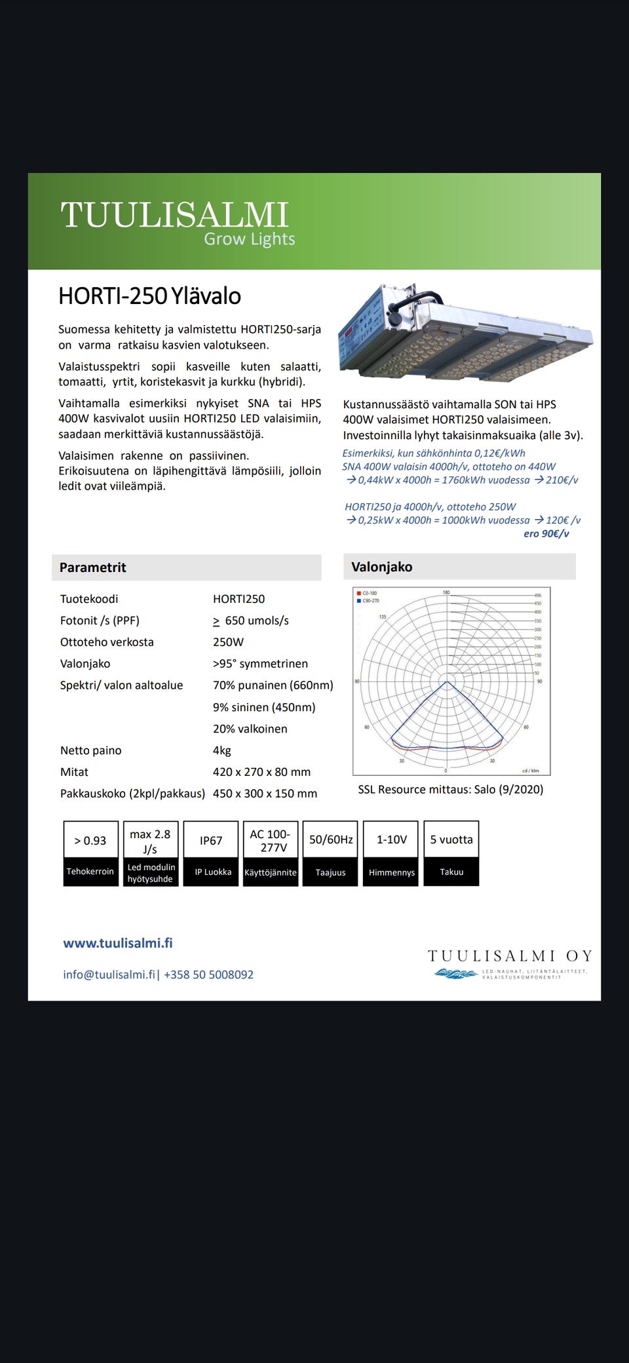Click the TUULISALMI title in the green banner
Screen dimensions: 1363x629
point(174,214)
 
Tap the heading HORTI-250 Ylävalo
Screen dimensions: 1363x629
point(149,296)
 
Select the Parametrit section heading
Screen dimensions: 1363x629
point(93,567)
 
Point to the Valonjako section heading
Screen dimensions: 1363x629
point(382,567)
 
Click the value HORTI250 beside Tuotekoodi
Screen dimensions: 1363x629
point(238,599)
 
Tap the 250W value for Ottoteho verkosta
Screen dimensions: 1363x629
point(228,642)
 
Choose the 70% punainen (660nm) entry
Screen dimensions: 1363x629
point(273,685)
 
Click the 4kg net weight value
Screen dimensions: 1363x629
point(222,750)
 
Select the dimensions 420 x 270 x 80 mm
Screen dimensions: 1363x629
point(261,772)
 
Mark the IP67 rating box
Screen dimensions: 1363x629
point(211,841)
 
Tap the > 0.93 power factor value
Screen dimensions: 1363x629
point(90,841)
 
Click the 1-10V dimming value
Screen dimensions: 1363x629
point(391,839)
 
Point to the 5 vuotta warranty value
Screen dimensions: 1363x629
point(451,839)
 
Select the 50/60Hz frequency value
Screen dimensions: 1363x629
point(331,839)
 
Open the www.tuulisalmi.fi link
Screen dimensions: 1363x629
point(118,943)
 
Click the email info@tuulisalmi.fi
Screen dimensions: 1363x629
point(109,974)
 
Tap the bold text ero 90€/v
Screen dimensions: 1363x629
point(546,533)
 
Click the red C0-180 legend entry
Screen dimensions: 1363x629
point(369,593)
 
